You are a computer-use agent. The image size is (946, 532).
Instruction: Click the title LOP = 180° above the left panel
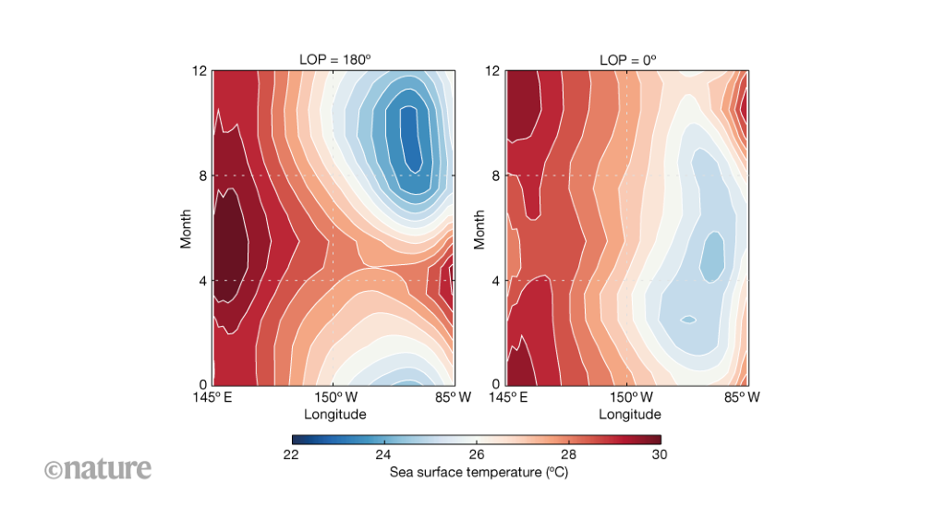[334, 60]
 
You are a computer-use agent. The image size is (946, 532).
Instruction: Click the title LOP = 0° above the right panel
[627, 60]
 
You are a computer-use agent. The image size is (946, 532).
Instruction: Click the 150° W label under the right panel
[629, 398]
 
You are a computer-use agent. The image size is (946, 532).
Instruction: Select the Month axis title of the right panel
[479, 227]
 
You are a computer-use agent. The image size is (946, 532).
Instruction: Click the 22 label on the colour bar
[290, 454]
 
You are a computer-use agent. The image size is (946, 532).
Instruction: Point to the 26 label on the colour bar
[476, 454]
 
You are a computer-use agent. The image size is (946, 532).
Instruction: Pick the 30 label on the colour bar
[661, 454]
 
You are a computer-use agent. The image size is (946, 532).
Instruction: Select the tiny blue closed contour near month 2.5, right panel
[688, 320]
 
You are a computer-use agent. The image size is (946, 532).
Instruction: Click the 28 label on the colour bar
[568, 454]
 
